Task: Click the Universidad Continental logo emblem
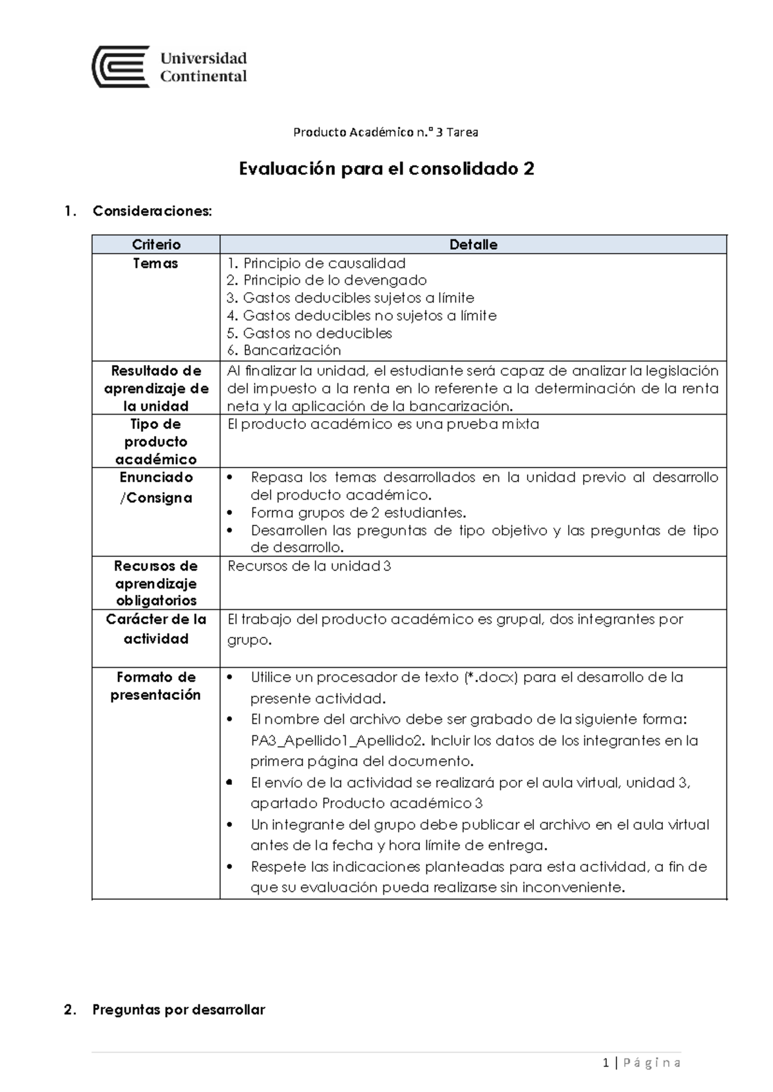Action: click(120, 66)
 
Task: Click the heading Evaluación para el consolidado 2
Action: click(386, 169)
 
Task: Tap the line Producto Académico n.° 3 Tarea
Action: click(385, 133)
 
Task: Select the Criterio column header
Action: click(156, 245)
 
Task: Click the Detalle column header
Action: click(473, 245)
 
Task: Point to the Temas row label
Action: click(155, 263)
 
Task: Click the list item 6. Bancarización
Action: click(284, 350)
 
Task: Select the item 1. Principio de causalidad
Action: click(316, 263)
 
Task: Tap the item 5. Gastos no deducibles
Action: click(309, 333)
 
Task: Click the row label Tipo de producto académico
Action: click(155, 442)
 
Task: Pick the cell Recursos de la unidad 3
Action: click(309, 566)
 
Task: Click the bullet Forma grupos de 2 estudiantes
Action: click(358, 513)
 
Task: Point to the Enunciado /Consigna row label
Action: click(155, 487)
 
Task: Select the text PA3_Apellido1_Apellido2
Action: click(338, 740)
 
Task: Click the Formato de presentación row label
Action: click(155, 686)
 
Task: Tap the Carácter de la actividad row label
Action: click(155, 628)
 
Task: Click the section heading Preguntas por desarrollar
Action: click(178, 1010)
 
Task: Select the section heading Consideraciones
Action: click(151, 211)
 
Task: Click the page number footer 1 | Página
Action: click(642, 1063)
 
